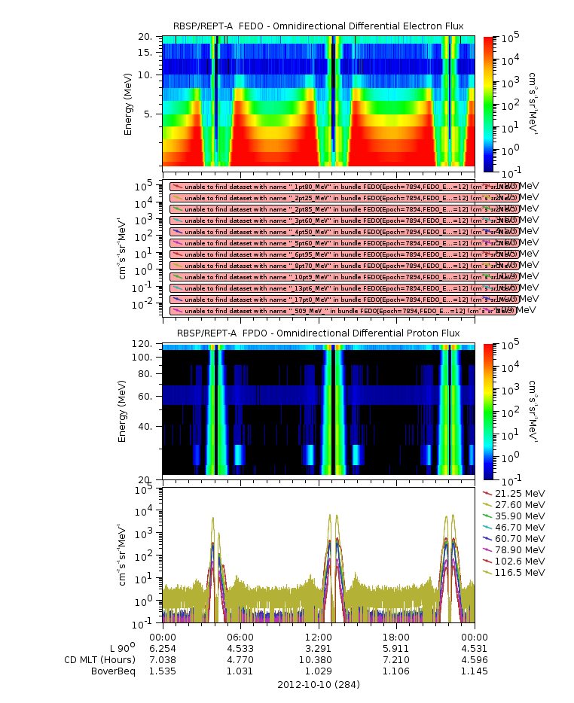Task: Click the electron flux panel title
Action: pyautogui.click(x=319, y=26)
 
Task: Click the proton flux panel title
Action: pyautogui.click(x=319, y=333)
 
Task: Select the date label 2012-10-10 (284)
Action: pyautogui.click(x=319, y=685)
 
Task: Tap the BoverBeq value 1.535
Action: pyautogui.click(x=163, y=671)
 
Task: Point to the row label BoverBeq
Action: pyautogui.click(x=113, y=671)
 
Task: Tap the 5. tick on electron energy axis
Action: pyautogui.click(x=149, y=114)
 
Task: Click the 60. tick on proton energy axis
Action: pyautogui.click(x=147, y=396)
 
